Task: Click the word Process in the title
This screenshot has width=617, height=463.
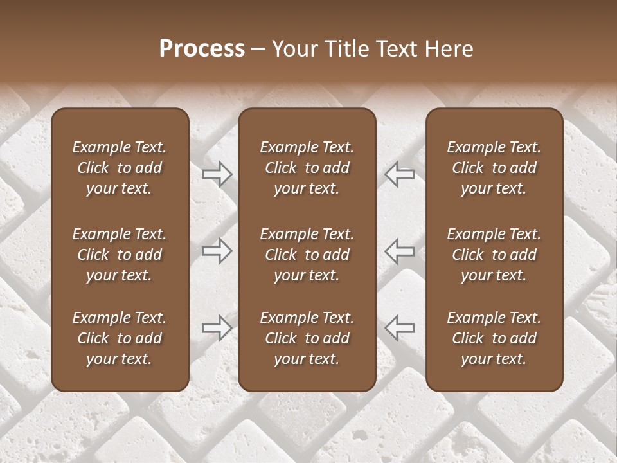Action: [202, 49]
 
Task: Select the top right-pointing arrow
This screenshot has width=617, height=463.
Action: [217, 174]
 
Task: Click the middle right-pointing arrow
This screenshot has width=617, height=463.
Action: [217, 251]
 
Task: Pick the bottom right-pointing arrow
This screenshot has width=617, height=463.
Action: [217, 328]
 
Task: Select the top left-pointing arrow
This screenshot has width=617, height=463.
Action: [400, 174]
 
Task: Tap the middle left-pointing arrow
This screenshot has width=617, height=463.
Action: [400, 251]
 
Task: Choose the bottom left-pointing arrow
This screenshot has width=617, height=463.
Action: [400, 328]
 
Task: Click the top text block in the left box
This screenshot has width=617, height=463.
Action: [120, 168]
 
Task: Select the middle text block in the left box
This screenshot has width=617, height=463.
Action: [120, 255]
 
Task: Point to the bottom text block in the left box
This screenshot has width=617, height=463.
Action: [120, 338]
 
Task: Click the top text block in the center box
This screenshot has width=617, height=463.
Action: [307, 168]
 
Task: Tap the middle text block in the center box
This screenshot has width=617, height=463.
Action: [307, 255]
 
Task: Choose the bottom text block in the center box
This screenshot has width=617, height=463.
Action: [307, 338]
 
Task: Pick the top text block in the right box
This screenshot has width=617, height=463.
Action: [494, 168]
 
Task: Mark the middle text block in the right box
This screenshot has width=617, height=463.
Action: [494, 255]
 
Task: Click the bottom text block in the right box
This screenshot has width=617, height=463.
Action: [494, 338]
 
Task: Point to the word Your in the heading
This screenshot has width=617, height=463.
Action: [294, 49]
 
